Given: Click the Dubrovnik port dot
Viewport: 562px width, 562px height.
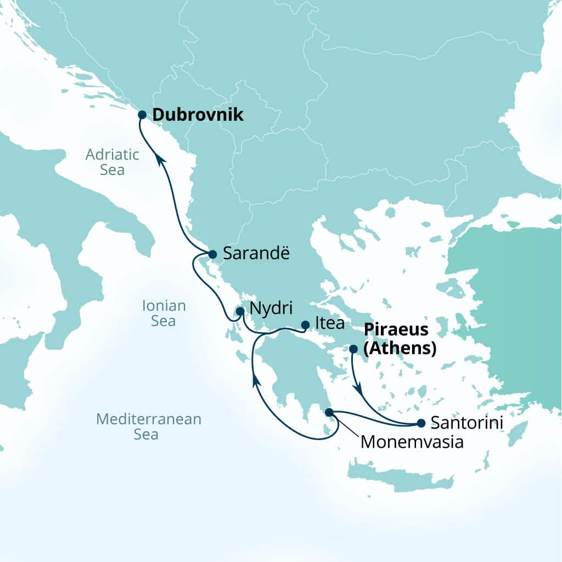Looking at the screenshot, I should (142, 115).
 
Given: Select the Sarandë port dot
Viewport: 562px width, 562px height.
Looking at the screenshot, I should (212, 254).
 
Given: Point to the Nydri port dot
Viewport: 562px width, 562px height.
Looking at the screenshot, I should (240, 311).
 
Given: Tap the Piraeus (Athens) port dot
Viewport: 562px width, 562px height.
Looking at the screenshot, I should (353, 349).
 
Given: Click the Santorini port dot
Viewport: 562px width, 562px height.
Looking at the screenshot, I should (421, 423).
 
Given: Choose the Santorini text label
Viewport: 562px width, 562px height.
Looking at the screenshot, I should (467, 423).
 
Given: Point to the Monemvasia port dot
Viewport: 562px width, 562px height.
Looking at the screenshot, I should (329, 412).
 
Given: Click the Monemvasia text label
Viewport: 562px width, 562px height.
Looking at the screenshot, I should (412, 441).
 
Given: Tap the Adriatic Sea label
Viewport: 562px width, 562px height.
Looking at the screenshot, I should (113, 162).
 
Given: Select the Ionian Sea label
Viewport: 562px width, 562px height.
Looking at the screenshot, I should (164, 313).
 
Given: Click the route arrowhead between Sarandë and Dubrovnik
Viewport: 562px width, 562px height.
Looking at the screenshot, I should (160, 159).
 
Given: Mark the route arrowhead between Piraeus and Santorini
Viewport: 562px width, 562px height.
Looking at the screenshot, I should (359, 389).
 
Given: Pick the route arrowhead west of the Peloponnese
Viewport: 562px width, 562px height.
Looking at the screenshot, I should (255, 381).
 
